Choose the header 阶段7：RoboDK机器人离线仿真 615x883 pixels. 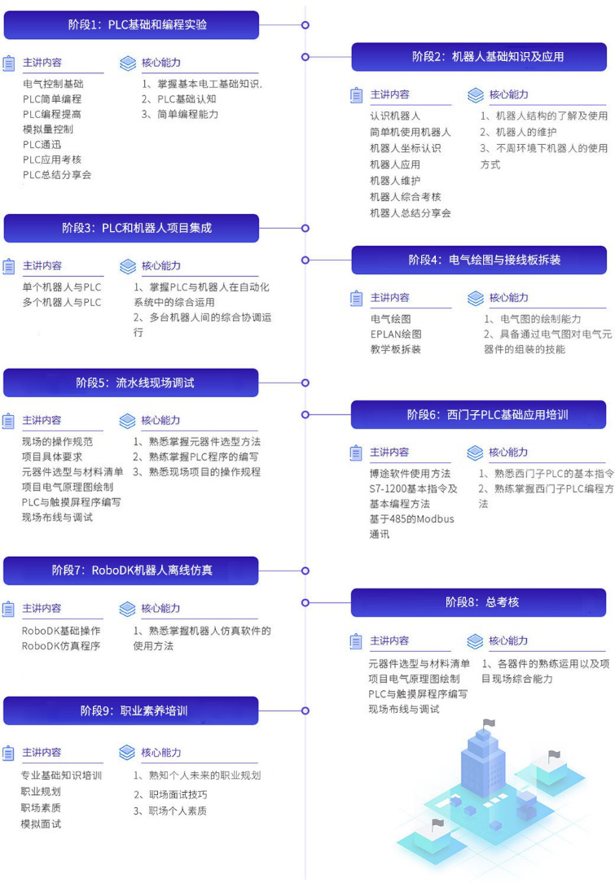coord(132,570)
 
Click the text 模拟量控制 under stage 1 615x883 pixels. coord(48,129)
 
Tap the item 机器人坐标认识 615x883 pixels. coord(405,148)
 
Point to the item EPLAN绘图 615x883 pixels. coord(396,334)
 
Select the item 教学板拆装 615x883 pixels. coord(396,349)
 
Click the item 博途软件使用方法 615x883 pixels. coord(410,474)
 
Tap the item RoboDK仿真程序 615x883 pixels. coord(61,646)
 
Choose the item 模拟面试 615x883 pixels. coord(41,824)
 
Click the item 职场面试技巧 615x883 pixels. coord(177,794)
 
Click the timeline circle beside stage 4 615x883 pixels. coord(305,260)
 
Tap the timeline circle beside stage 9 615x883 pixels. coord(305,710)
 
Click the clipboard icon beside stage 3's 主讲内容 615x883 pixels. coord(9,266)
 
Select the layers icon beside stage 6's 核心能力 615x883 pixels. coord(474,452)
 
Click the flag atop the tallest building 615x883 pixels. coord(489,723)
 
